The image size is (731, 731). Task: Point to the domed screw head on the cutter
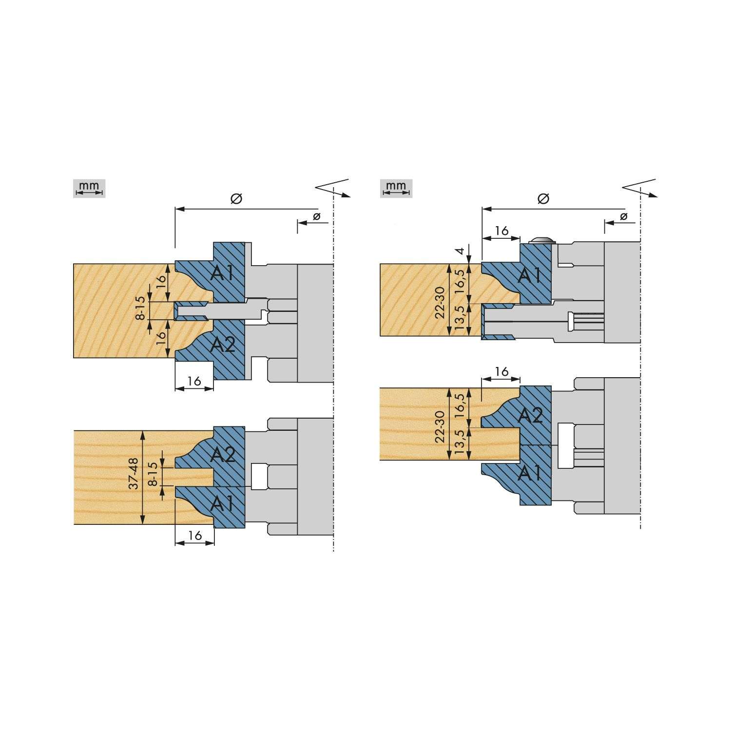[542, 240]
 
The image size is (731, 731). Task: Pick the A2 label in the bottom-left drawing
[223, 455]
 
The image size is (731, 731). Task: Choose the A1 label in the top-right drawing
[530, 276]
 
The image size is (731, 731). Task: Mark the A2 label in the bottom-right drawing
[530, 415]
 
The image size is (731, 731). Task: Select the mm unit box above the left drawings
[90, 188]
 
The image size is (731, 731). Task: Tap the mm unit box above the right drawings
[396, 188]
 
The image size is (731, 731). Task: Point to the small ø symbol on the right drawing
[623, 216]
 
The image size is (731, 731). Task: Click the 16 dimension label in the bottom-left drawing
[195, 536]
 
